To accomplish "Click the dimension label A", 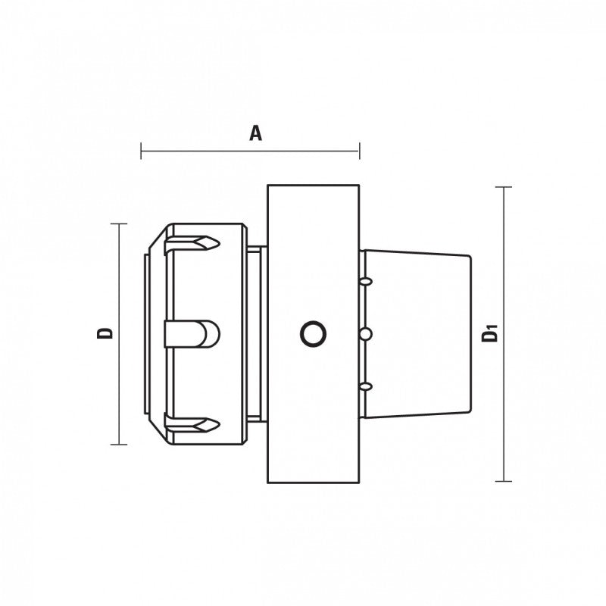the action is tap(255, 133).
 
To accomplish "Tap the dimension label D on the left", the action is tap(105, 333).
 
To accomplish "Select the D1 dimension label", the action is tap(489, 334).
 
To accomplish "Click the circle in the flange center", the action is tap(313, 334).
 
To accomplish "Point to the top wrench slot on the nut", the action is tap(192, 244).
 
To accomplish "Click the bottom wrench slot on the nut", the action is tap(192, 424).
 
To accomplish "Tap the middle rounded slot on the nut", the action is tap(192, 334).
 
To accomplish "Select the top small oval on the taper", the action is tap(366, 281).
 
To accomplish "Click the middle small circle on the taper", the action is tap(366, 334).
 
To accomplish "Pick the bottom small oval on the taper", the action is tap(366, 386).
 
